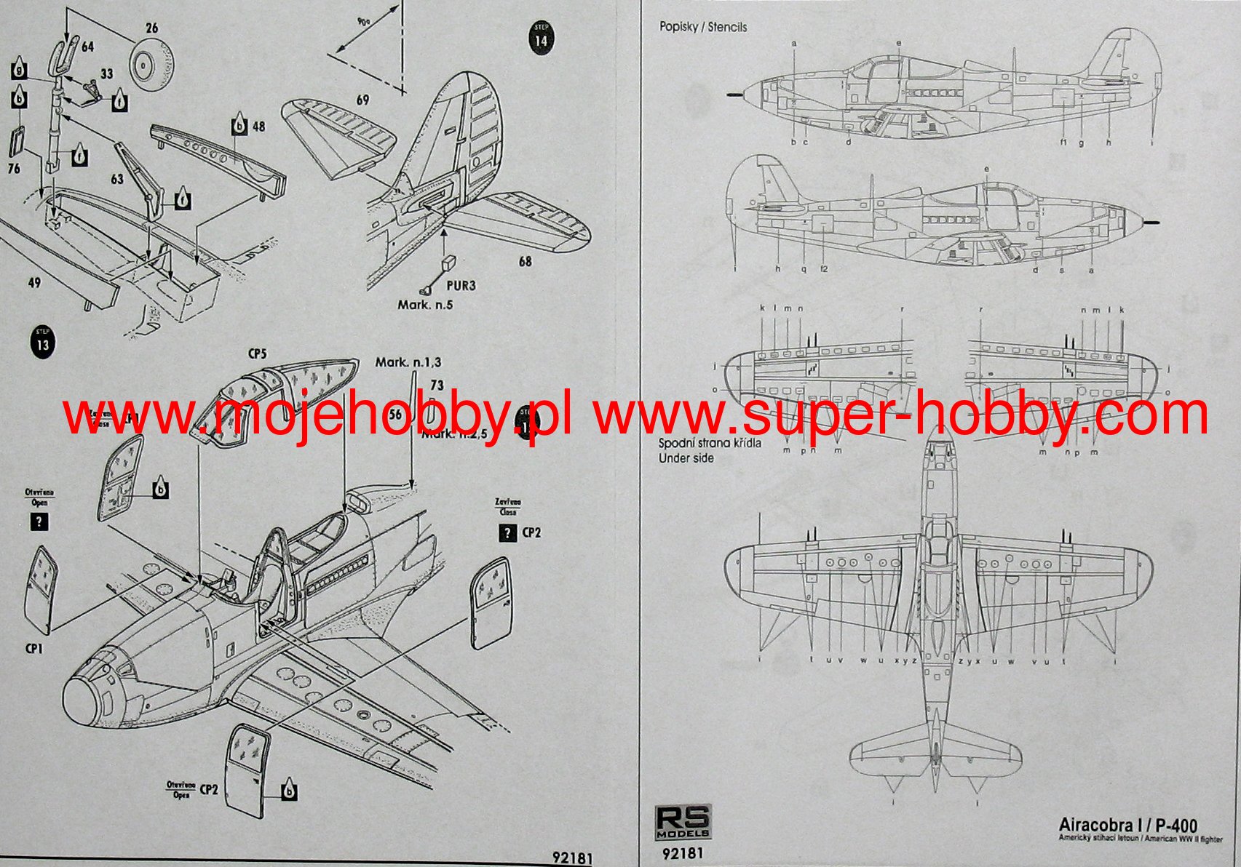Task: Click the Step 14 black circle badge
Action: click(x=541, y=37)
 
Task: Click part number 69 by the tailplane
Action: click(x=362, y=100)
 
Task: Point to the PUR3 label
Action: click(x=461, y=285)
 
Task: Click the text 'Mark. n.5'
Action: click(x=425, y=305)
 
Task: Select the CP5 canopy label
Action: click(x=258, y=354)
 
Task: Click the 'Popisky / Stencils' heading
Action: click(x=702, y=27)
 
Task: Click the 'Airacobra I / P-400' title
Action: click(x=1127, y=826)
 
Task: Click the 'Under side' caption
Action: click(x=686, y=458)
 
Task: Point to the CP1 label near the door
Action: click(x=33, y=647)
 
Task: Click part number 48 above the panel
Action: click(x=258, y=127)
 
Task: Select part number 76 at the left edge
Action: click(x=14, y=169)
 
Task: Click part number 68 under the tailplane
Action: click(x=525, y=261)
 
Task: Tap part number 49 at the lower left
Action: click(x=34, y=282)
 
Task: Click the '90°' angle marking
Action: click(x=363, y=23)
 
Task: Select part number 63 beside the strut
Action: click(x=117, y=178)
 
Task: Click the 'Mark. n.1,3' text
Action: click(x=408, y=362)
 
